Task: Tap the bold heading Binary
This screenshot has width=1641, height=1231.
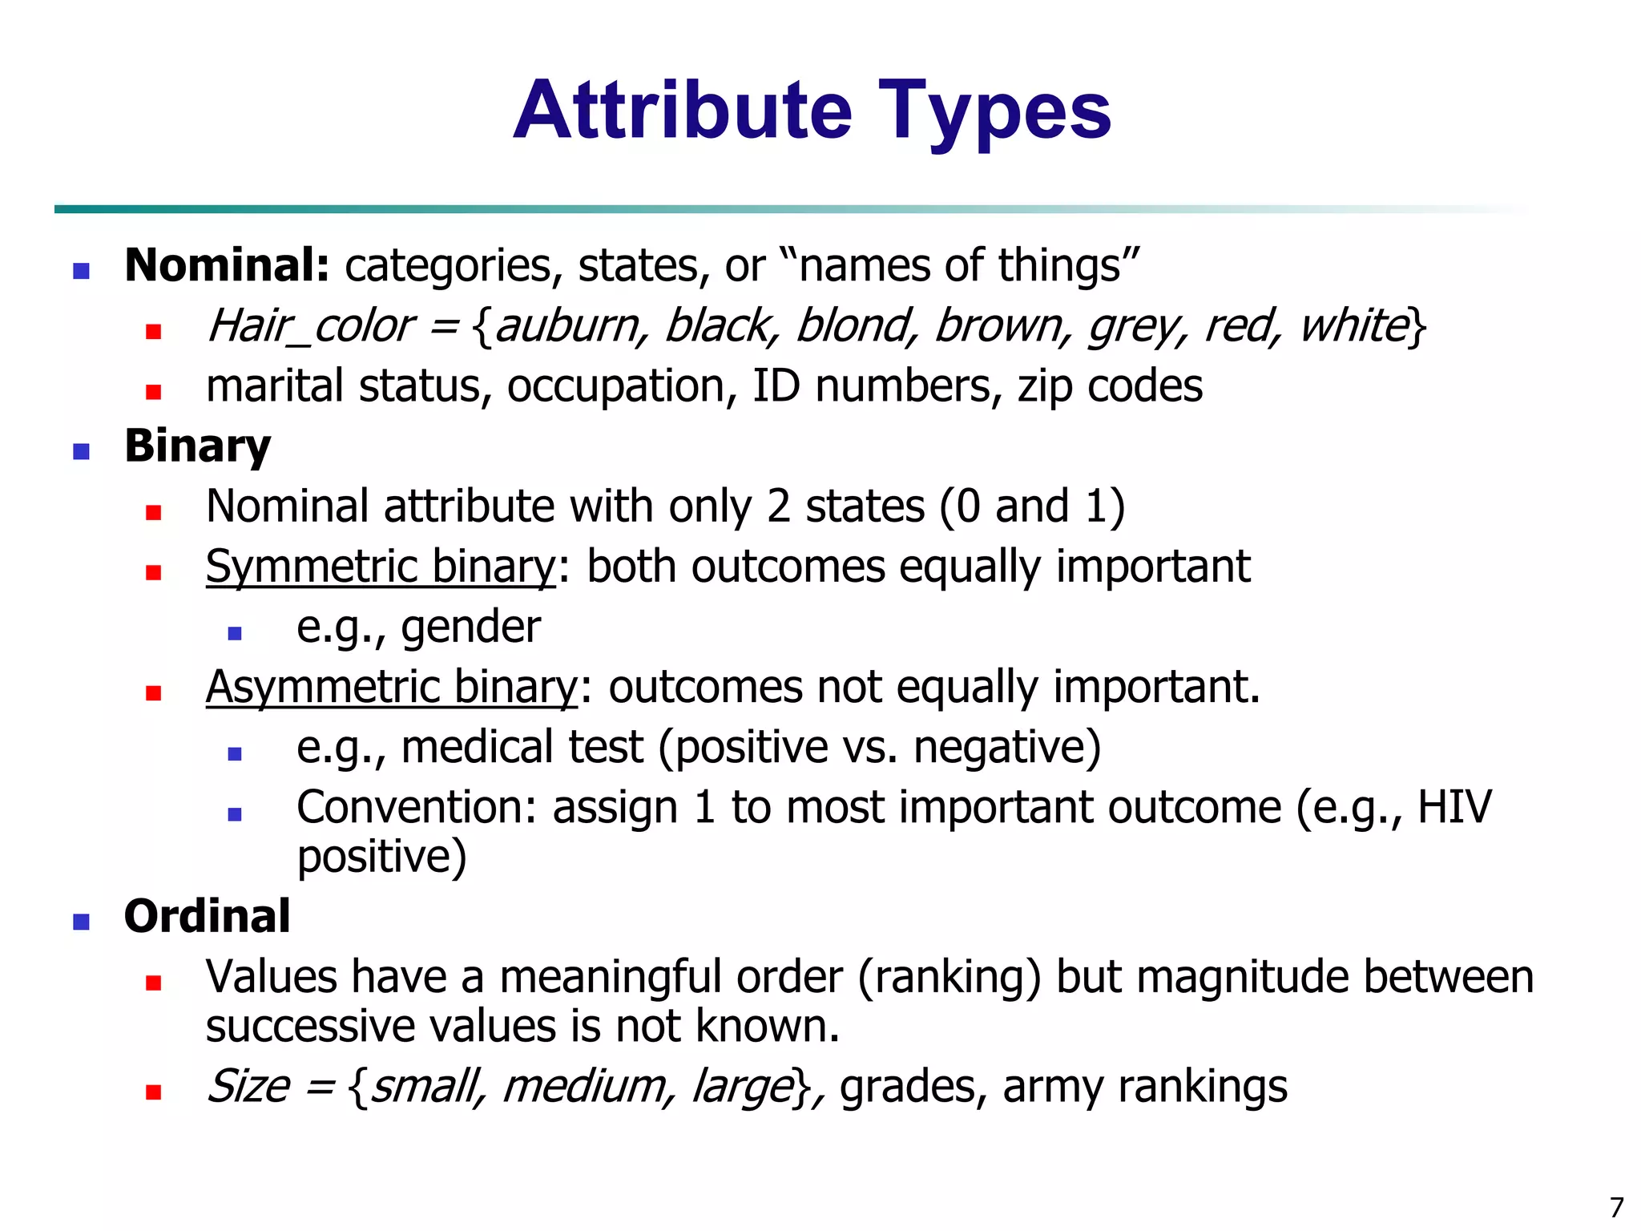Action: point(197,446)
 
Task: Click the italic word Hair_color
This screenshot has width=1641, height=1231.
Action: point(310,326)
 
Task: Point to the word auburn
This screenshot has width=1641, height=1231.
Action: point(568,326)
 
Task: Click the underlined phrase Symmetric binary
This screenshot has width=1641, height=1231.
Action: point(381,567)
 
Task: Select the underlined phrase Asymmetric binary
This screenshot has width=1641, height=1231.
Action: point(391,688)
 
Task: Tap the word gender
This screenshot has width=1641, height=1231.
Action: point(471,627)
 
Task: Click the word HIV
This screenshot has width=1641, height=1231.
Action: point(1454,807)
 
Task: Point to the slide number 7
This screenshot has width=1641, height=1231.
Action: point(1616,1207)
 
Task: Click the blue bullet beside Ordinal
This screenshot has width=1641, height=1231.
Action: point(81,922)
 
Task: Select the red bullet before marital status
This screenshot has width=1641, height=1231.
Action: point(154,392)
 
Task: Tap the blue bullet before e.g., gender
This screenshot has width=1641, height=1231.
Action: point(235,633)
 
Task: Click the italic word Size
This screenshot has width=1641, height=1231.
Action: point(248,1087)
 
